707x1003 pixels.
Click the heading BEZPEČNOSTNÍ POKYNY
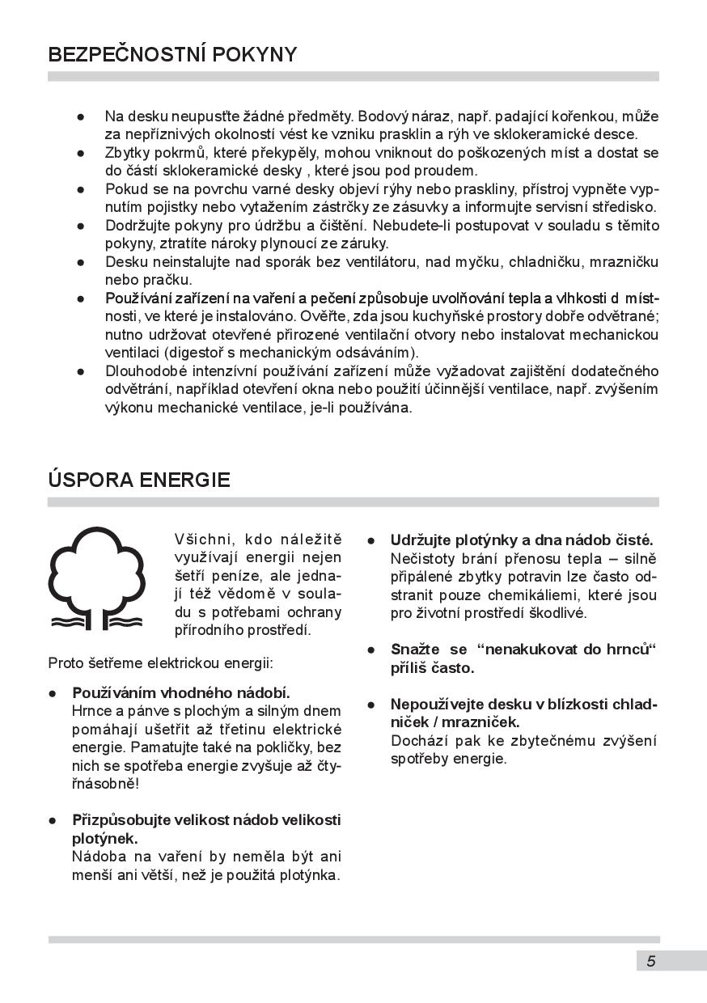pyautogui.click(x=172, y=55)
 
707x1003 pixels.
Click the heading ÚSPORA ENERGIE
pyautogui.click(x=139, y=480)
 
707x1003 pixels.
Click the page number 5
pyautogui.click(x=651, y=961)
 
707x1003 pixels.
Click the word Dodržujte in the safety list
pyautogui.click(x=137, y=225)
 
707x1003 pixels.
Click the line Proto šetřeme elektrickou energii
pyautogui.click(x=161, y=663)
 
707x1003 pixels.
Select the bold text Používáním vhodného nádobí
pyautogui.click(x=181, y=693)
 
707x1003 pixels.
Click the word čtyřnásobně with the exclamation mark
pyautogui.click(x=106, y=784)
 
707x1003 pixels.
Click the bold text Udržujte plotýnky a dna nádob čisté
pyautogui.click(x=522, y=540)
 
